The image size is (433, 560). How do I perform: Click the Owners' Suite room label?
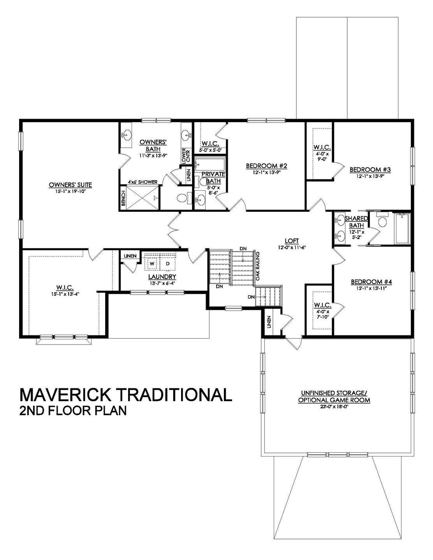(70, 184)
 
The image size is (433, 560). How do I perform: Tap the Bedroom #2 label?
(266, 166)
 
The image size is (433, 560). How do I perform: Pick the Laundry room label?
(162, 277)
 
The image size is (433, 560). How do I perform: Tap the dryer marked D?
(168, 263)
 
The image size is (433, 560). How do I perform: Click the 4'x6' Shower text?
(143, 182)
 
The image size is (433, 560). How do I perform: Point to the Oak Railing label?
(257, 265)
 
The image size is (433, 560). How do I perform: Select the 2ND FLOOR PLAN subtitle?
(73, 411)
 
